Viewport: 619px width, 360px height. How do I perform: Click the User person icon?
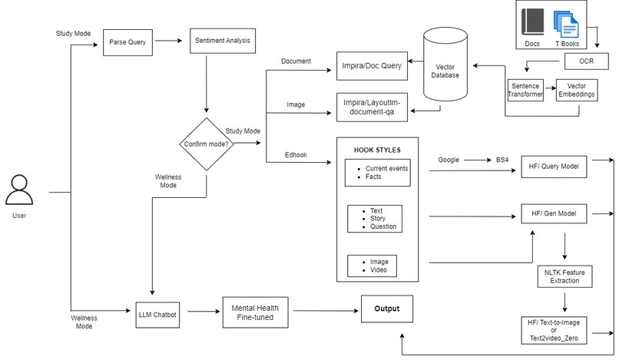coord(19,190)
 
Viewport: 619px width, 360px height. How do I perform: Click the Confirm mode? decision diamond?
coord(205,144)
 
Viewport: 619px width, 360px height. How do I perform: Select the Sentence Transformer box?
coord(526,91)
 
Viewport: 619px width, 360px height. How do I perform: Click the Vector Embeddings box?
coord(576,91)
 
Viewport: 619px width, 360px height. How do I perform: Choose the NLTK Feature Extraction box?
coord(564,276)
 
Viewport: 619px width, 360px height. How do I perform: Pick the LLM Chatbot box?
coord(157,313)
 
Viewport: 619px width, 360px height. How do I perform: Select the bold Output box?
coord(387,309)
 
